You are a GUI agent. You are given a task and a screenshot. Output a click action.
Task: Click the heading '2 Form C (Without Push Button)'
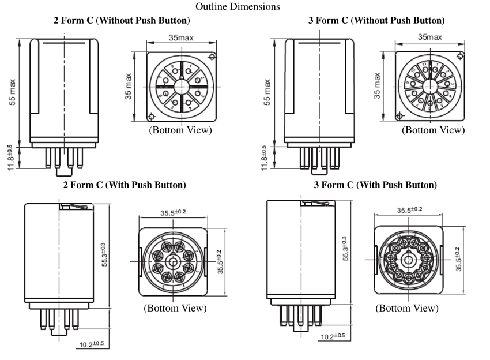pyautogui.click(x=122, y=21)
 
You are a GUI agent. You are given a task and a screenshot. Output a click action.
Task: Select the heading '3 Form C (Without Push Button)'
pyautogui.click(x=376, y=21)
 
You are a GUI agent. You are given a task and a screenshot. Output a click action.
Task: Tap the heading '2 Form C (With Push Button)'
pyautogui.click(x=124, y=185)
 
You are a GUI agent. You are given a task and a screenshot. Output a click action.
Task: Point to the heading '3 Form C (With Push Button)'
pyautogui.click(x=375, y=185)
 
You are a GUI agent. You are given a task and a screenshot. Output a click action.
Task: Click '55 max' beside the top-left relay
pyautogui.click(x=13, y=95)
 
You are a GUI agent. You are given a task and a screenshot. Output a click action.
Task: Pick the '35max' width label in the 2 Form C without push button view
pyautogui.click(x=181, y=37)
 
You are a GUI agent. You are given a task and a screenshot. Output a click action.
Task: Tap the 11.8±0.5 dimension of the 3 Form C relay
pyautogui.click(x=264, y=157)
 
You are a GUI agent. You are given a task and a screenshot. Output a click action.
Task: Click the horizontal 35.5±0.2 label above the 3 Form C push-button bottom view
pyautogui.click(x=409, y=209)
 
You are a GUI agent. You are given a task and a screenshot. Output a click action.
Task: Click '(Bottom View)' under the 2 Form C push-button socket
pyautogui.click(x=175, y=308)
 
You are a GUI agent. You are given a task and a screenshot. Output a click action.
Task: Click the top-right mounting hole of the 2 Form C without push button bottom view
pyautogui.click(x=213, y=57)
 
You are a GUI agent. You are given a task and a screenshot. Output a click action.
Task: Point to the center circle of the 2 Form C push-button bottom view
pyautogui.click(x=171, y=261)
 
